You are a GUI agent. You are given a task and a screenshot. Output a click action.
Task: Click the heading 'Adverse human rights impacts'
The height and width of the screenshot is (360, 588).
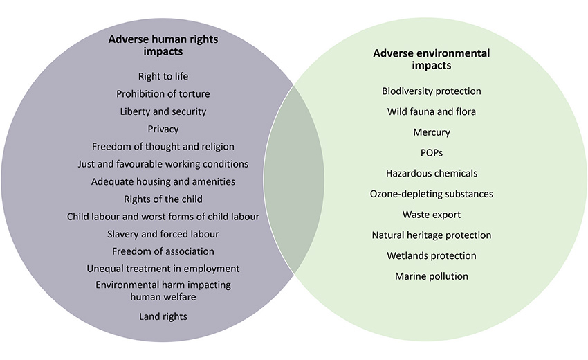tap(163, 45)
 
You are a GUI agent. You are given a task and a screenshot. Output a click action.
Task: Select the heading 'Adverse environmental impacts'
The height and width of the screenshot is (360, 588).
tap(431, 60)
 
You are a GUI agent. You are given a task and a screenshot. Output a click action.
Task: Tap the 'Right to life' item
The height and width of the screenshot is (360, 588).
tap(163, 77)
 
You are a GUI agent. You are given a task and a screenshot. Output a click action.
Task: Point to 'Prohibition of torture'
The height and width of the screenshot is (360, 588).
tap(163, 94)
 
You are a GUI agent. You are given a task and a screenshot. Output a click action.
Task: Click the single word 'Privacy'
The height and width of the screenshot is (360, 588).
tap(163, 129)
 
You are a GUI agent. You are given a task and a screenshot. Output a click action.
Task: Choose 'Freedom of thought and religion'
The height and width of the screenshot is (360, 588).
tap(163, 146)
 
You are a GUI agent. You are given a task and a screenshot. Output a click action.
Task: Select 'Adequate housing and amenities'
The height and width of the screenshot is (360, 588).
tap(163, 181)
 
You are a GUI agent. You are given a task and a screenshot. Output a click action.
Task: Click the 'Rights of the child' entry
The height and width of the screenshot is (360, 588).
tap(163, 199)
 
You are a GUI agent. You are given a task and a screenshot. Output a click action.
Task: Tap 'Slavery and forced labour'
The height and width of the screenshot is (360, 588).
tap(163, 234)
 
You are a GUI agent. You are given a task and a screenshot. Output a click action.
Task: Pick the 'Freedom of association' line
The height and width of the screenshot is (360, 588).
tap(163, 251)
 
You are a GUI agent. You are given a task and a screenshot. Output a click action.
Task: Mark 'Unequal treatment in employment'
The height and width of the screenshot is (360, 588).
tap(163, 269)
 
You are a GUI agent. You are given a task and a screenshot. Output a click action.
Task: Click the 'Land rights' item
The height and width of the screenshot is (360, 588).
tap(163, 316)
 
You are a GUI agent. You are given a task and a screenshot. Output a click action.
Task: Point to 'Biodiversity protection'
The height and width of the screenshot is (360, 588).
tap(431, 91)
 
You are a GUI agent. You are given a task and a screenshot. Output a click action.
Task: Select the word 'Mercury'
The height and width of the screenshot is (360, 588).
tap(431, 132)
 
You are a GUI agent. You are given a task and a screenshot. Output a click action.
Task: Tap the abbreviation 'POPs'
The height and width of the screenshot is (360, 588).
tap(431, 153)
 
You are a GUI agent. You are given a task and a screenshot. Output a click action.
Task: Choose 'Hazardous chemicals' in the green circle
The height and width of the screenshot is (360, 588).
tap(431, 174)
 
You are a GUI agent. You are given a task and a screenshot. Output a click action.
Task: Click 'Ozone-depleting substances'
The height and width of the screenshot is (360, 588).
tap(431, 194)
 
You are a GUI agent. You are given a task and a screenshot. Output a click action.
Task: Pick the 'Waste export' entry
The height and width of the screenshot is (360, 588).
tap(431, 215)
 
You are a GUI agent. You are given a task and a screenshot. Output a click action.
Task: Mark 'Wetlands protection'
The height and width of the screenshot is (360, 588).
tap(431, 255)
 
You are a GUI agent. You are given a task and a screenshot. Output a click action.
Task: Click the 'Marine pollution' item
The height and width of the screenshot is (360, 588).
tap(431, 276)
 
